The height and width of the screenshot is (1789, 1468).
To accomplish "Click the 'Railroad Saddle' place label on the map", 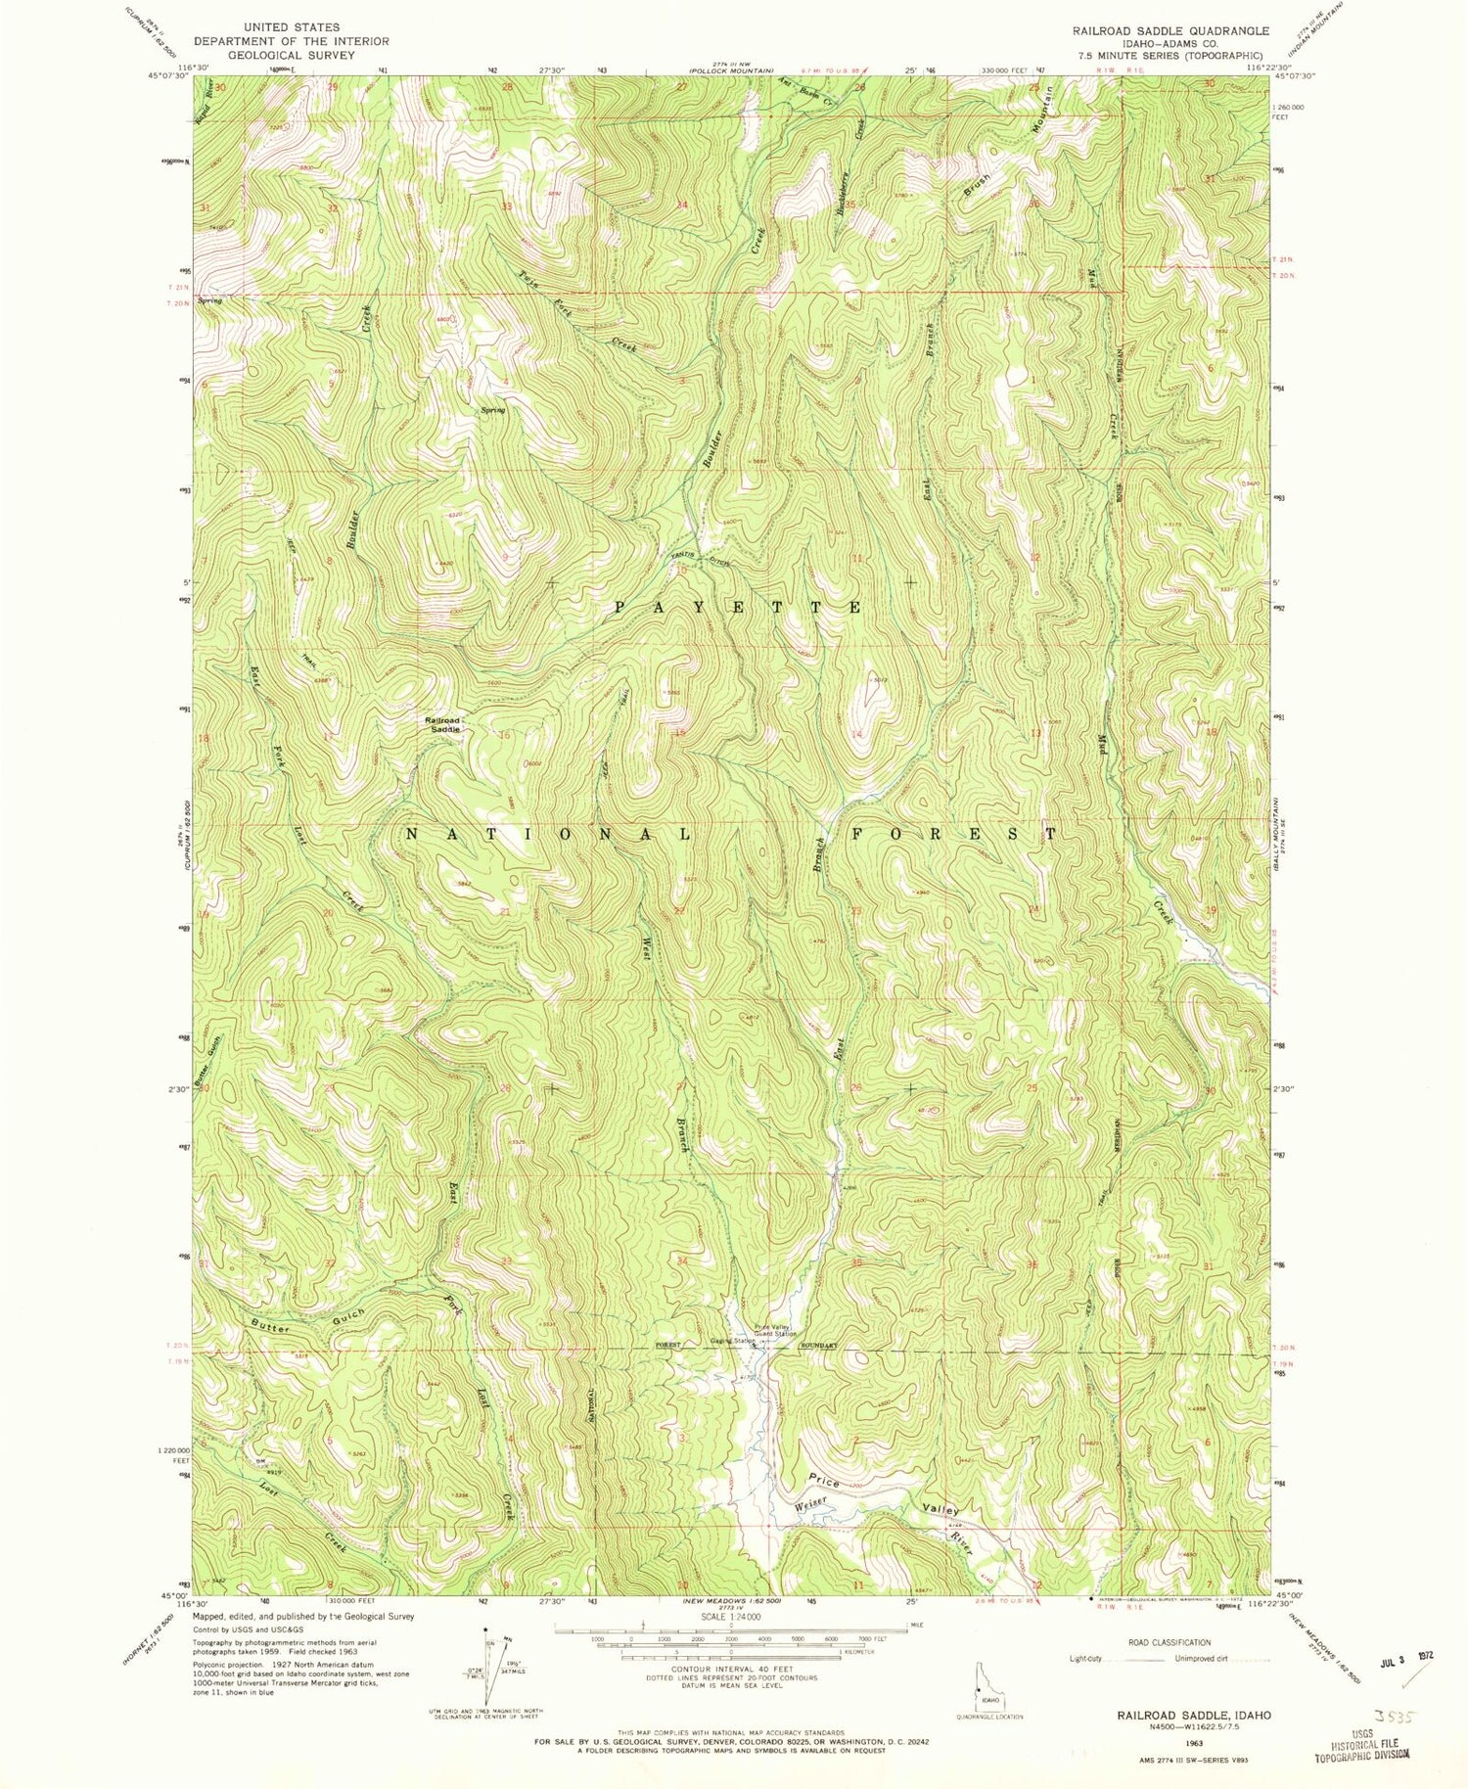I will tap(442, 725).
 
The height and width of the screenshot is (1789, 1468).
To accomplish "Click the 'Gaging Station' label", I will tap(732, 1341).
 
